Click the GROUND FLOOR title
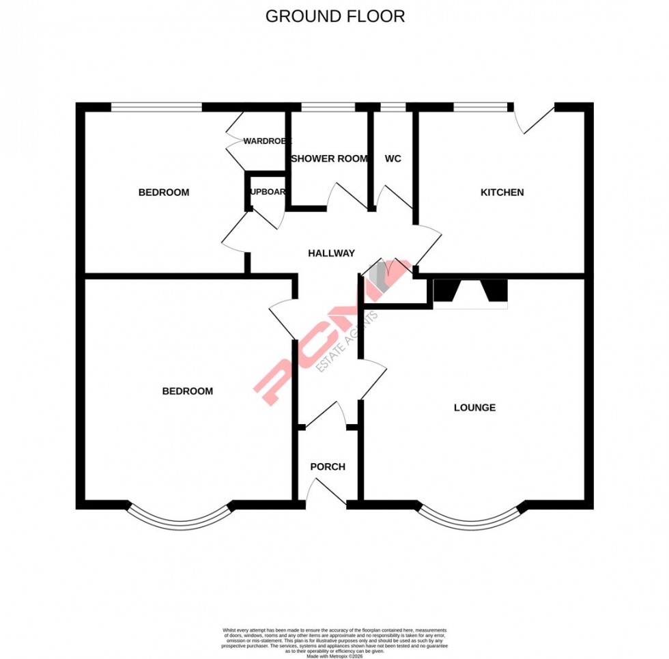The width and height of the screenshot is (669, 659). pos(334,16)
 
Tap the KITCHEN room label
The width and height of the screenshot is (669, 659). pos(502,193)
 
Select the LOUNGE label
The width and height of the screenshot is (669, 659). pos(474,408)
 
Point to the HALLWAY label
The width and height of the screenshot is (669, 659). pos(331,253)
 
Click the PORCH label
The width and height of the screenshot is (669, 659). pos(328,467)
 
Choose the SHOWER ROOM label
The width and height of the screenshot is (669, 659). pos(329,158)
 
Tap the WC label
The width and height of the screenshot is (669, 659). pos(393,158)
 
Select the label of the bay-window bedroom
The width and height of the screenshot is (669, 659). pos(187,391)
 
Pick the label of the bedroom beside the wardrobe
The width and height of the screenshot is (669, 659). pos(163,193)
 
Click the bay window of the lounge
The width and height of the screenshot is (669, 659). pos(471,519)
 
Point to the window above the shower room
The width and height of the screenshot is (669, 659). pos(328,107)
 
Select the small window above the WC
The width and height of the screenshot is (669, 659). pos(393,107)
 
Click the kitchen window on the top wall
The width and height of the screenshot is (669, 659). pos(483,107)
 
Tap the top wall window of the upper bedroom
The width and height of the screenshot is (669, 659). pos(156,107)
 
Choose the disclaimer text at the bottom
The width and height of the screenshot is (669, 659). pos(334,642)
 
